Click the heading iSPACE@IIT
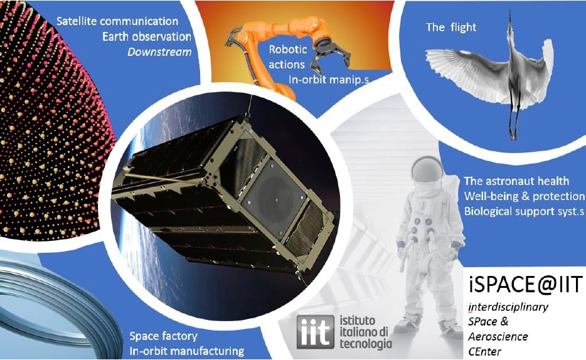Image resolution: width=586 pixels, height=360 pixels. click(524, 286)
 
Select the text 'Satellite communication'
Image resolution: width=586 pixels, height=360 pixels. click(117, 22)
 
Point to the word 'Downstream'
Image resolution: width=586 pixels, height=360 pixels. click(159, 52)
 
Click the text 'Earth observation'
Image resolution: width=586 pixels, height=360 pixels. click(147, 37)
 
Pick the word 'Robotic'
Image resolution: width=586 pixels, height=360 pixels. click(287, 50)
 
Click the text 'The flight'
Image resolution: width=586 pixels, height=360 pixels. click(450, 27)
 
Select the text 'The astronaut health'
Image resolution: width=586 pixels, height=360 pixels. click(516, 181)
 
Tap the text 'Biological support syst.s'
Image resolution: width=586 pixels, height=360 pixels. click(524, 211)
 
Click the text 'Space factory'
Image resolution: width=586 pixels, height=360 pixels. click(163, 336)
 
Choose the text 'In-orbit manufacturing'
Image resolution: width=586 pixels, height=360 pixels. click(186, 351)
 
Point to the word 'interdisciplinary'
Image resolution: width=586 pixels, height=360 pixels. click(508, 307)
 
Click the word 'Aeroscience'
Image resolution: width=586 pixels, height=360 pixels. click(498, 337)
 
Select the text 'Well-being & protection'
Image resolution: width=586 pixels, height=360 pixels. click(524, 196)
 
